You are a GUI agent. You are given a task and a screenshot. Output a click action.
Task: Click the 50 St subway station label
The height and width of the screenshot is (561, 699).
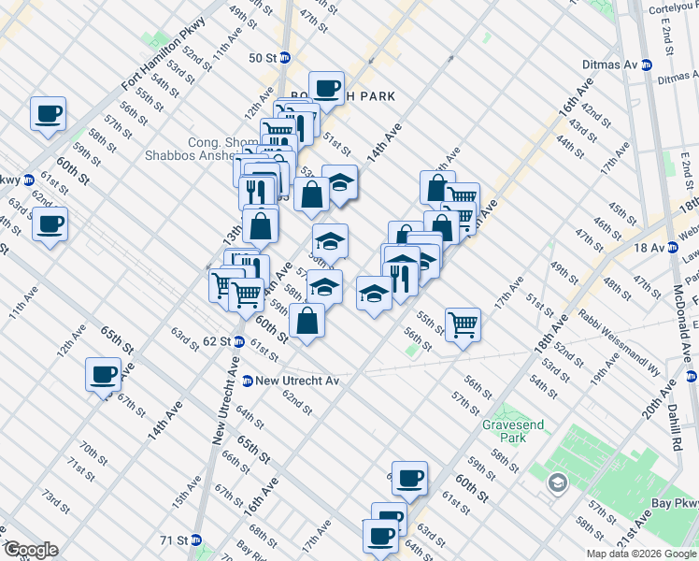[264, 57]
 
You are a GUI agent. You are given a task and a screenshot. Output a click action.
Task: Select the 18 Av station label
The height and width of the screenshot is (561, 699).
[648, 247]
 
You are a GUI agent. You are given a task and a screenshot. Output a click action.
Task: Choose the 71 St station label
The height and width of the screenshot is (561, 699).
[174, 540]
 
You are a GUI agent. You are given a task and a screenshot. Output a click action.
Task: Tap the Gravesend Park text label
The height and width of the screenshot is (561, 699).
[506, 430]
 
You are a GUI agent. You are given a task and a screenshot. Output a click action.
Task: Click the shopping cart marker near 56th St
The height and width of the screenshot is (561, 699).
[463, 325]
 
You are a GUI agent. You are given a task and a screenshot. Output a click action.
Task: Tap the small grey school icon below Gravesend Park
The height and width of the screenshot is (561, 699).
[558, 482]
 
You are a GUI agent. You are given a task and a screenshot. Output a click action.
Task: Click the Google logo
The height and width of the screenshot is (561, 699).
[30, 550]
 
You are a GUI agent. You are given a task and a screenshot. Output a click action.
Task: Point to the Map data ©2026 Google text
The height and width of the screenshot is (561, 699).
[641, 554]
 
